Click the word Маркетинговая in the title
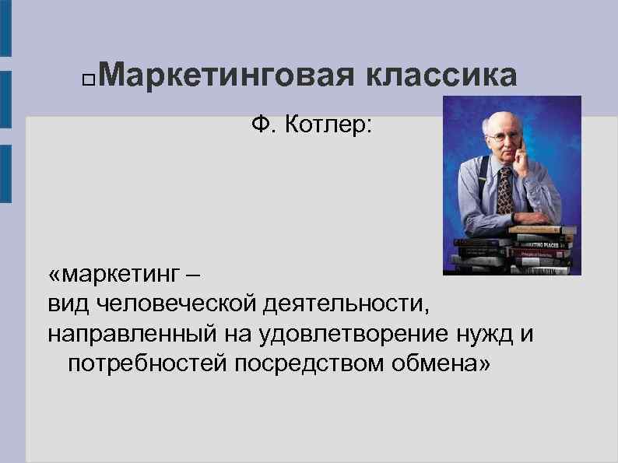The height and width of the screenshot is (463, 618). (x=226, y=76)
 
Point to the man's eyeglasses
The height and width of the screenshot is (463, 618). (x=499, y=136)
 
